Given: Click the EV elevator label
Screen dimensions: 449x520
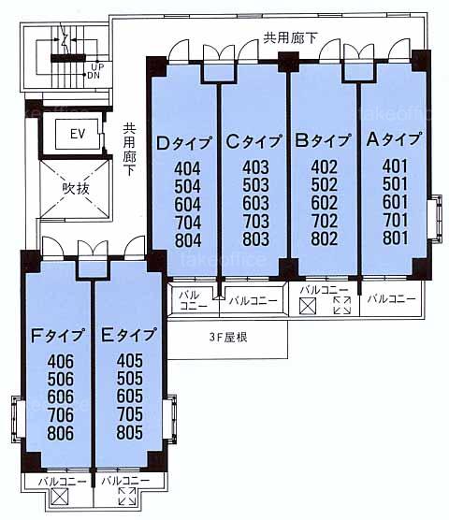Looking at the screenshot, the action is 78,134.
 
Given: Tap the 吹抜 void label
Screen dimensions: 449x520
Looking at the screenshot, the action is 76,188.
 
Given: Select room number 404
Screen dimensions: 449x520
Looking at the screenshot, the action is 187,168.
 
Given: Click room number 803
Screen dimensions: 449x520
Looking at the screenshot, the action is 255,239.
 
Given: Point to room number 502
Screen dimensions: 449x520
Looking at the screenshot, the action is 324,184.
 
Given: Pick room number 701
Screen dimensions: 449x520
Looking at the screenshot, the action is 395,220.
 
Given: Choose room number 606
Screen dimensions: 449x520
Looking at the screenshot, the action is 61,397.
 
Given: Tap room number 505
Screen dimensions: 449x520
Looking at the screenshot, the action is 130,379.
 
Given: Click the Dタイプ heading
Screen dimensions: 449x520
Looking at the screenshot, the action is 184,143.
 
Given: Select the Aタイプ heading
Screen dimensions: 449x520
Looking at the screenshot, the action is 395,139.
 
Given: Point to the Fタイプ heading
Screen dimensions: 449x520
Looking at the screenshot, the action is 57,336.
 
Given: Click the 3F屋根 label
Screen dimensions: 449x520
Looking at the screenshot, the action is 228,338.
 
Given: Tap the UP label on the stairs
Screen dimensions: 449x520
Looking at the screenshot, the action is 97,66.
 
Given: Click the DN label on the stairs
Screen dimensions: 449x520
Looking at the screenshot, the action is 94,75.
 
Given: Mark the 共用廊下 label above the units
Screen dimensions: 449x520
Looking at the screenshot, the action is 291,37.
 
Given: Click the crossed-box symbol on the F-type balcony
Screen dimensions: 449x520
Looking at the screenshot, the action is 59,498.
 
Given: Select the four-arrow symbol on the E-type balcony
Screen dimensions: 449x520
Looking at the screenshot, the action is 127,497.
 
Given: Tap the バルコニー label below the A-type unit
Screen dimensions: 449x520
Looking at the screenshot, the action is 391,298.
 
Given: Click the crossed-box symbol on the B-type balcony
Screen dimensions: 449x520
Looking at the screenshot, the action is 308,306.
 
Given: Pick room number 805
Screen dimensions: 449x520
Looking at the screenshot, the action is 130,432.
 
